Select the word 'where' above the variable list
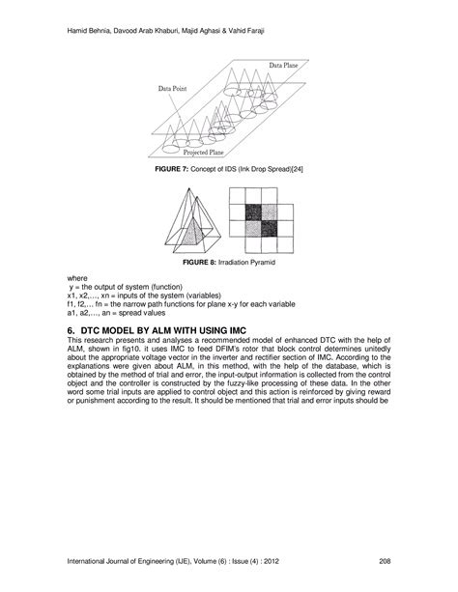(77, 278)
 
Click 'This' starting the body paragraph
(75, 341)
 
